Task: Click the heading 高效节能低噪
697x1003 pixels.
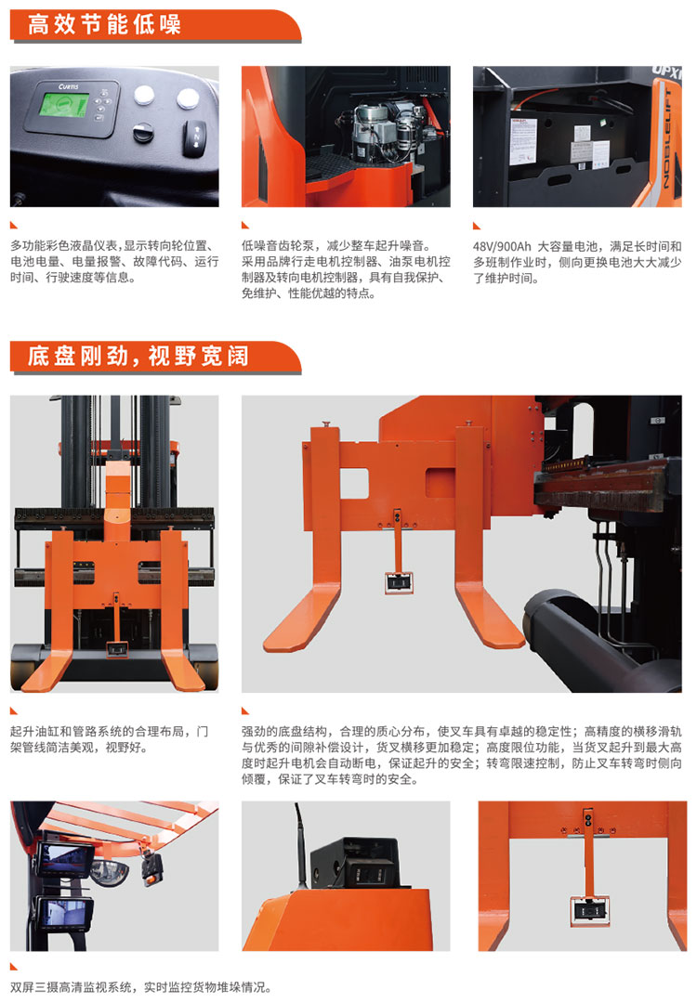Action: pyautogui.click(x=104, y=25)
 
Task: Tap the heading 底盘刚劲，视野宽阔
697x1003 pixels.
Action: pyautogui.click(x=138, y=357)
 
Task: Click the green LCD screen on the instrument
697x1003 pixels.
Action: pyautogui.click(x=64, y=105)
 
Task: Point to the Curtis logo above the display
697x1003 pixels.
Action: pyautogui.click(x=69, y=86)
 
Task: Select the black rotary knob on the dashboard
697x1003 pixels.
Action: pyautogui.click(x=143, y=132)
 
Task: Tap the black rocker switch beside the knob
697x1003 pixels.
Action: pyautogui.click(x=196, y=137)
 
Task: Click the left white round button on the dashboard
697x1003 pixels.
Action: pyautogui.click(x=144, y=96)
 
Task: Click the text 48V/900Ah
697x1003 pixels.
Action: pyautogui.click(x=502, y=246)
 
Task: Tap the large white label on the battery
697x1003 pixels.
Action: pyautogui.click(x=523, y=141)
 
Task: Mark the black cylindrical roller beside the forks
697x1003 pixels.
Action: pyautogui.click(x=576, y=634)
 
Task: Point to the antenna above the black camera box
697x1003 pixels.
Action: pyautogui.click(x=300, y=844)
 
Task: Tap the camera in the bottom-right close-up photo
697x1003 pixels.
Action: pyautogui.click(x=590, y=911)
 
